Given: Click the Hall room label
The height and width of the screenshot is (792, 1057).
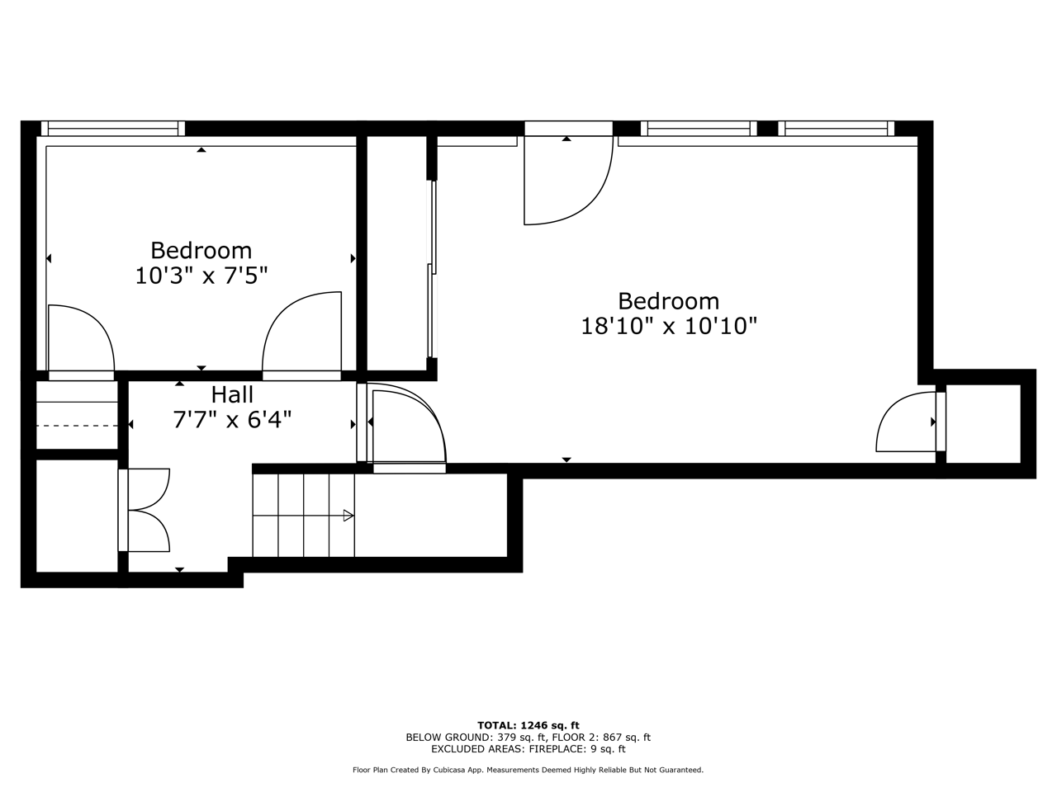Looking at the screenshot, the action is [x=232, y=395].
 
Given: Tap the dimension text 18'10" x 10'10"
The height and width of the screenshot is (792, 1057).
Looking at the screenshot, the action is [x=669, y=326].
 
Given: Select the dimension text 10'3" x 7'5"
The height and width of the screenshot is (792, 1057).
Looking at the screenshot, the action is [x=201, y=276].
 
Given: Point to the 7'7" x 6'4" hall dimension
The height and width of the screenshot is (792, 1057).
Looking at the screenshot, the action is [x=232, y=420].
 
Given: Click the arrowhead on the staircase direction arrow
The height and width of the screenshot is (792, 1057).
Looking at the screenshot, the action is [x=348, y=516].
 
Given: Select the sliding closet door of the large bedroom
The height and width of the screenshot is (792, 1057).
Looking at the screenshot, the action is [x=432, y=269].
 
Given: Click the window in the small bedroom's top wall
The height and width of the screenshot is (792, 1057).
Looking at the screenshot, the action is [x=112, y=129].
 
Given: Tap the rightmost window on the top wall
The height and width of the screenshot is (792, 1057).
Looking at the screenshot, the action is [x=836, y=129].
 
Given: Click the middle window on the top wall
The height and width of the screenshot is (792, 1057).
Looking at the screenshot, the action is [x=699, y=129].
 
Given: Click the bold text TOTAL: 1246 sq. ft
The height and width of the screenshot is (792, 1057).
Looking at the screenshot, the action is [x=528, y=726].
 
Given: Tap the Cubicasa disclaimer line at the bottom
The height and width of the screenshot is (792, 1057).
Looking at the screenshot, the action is [x=528, y=771].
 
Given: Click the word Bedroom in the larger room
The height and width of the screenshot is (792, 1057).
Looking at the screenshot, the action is [x=668, y=301].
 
